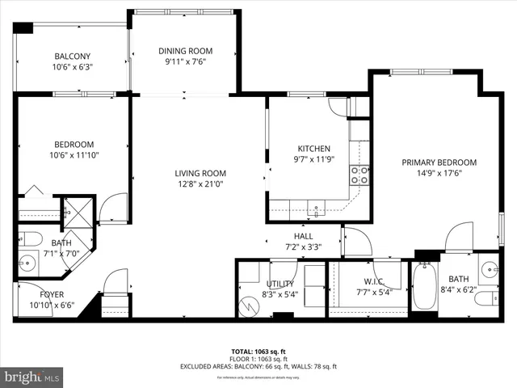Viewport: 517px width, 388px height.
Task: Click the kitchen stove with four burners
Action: (x=359, y=175)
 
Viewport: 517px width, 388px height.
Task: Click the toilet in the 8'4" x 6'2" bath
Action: (x=486, y=300)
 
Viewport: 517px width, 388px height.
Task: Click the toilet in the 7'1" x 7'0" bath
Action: (x=29, y=238)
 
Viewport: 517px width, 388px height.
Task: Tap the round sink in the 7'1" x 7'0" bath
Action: (x=28, y=263)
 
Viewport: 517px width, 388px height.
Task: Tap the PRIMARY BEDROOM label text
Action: (x=439, y=162)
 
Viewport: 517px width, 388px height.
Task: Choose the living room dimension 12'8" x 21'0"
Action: (x=200, y=183)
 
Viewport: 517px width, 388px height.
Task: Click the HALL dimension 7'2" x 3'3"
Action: (x=304, y=247)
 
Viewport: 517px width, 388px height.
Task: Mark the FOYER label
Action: (x=46, y=294)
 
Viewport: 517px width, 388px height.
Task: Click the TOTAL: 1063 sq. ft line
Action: (x=258, y=352)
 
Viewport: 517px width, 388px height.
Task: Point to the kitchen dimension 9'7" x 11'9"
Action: (x=314, y=159)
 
